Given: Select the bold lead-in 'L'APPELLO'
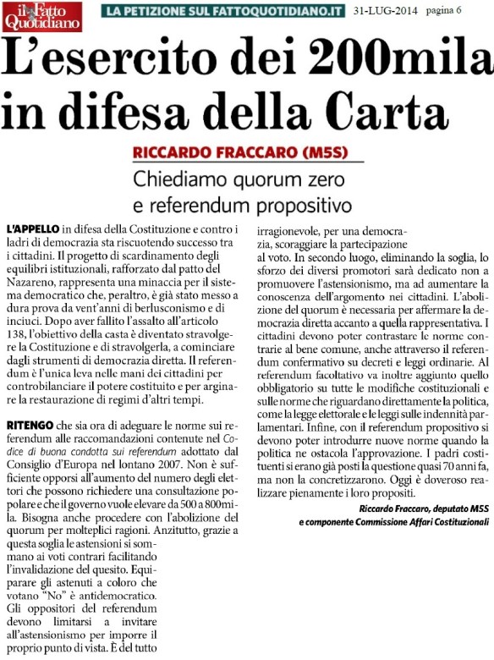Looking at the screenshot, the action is (33, 230).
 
